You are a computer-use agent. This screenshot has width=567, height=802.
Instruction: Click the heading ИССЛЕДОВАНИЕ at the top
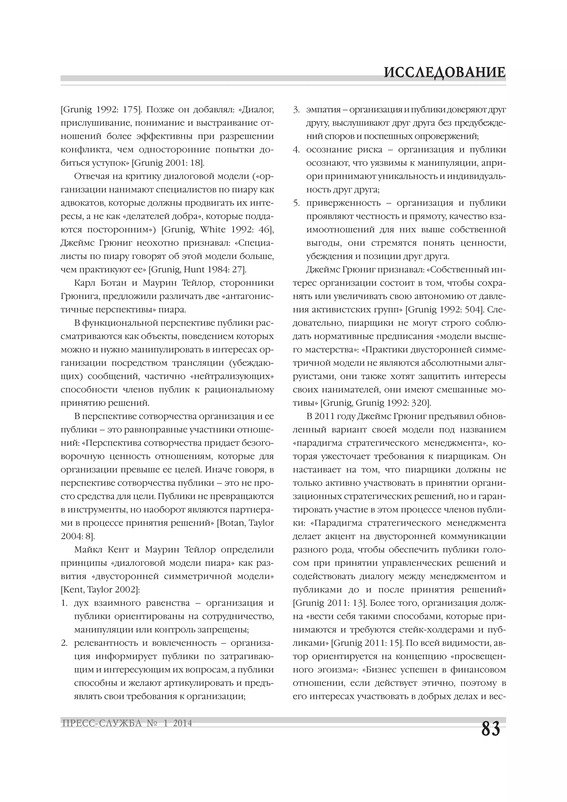click(444, 73)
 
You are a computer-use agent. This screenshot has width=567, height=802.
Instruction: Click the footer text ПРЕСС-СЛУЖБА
click(102, 723)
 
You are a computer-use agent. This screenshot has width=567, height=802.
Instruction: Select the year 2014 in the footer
click(182, 723)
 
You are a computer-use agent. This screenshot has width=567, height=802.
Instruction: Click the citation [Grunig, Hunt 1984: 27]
click(197, 270)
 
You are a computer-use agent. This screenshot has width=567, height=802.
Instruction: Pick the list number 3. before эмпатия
click(296, 110)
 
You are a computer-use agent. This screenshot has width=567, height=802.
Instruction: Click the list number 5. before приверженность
click(296, 203)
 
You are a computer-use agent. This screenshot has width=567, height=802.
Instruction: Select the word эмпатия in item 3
click(321, 110)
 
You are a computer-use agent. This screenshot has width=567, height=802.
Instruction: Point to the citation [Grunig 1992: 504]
click(444, 310)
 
